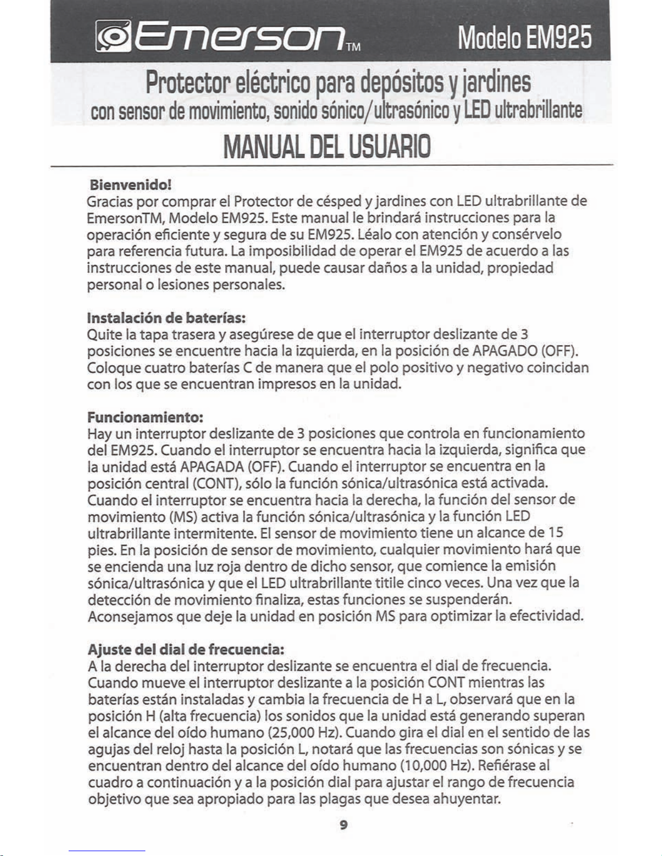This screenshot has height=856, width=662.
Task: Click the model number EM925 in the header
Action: (x=559, y=38)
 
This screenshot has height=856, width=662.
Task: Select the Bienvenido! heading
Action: (x=130, y=185)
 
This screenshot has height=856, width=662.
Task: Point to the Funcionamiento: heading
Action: (x=145, y=417)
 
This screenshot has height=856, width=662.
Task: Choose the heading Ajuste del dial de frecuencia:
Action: (x=186, y=648)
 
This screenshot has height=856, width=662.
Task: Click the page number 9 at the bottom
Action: (x=343, y=825)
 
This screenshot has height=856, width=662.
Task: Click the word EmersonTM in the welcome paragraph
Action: (x=125, y=218)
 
